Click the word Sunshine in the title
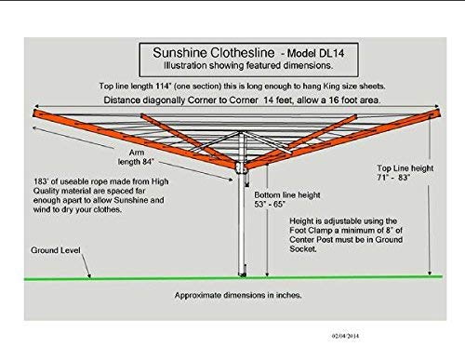click(180, 53)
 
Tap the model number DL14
click(331, 53)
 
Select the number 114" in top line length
click(164, 86)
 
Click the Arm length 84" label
click(136, 157)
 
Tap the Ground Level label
click(56, 250)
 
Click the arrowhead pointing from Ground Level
click(89, 275)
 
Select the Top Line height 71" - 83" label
click(405, 173)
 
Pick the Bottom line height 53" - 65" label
click(287, 200)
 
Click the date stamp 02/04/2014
click(345, 336)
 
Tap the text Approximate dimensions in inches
click(238, 295)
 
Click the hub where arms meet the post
click(241, 167)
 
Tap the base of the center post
click(242, 273)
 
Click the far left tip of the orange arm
click(33, 113)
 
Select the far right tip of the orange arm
click(440, 113)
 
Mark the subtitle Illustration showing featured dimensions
click(248, 66)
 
